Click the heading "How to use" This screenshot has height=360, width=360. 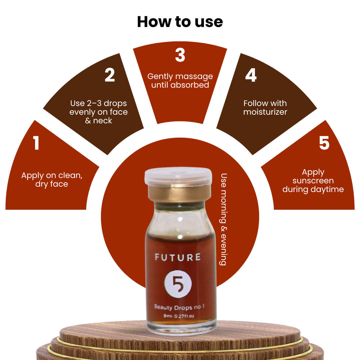[180, 22]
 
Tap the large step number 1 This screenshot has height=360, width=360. [36, 143]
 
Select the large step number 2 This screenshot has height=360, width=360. [110, 75]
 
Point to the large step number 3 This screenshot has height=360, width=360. [180, 55]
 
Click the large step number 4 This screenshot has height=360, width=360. [251, 75]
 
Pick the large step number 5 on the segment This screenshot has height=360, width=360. [324, 143]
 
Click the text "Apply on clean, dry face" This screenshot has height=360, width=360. [52, 180]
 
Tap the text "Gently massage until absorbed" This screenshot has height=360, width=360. [180, 81]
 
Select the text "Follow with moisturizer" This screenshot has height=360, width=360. [265, 107]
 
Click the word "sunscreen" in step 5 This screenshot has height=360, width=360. [313, 181]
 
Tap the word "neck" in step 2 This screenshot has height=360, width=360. [102, 121]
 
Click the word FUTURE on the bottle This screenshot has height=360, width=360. [178, 257]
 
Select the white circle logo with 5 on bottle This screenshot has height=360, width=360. [178, 284]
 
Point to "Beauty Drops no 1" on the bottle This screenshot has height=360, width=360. [179, 307]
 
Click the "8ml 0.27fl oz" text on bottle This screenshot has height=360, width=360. [179, 316]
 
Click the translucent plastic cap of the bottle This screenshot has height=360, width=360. [178, 175]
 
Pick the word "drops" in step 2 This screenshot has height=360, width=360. [115, 104]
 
